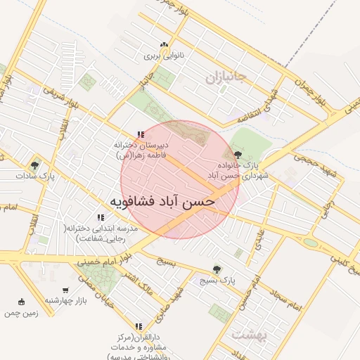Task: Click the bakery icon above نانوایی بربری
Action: pos(164,44)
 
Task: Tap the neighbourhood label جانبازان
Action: pos(224,77)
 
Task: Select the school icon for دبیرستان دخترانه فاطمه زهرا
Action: pos(141,134)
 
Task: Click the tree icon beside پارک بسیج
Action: pos(216,269)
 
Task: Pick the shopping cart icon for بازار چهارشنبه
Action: pos(65,290)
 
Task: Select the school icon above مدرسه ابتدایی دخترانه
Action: pos(100,217)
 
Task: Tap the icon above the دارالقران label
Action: pos(139,326)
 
